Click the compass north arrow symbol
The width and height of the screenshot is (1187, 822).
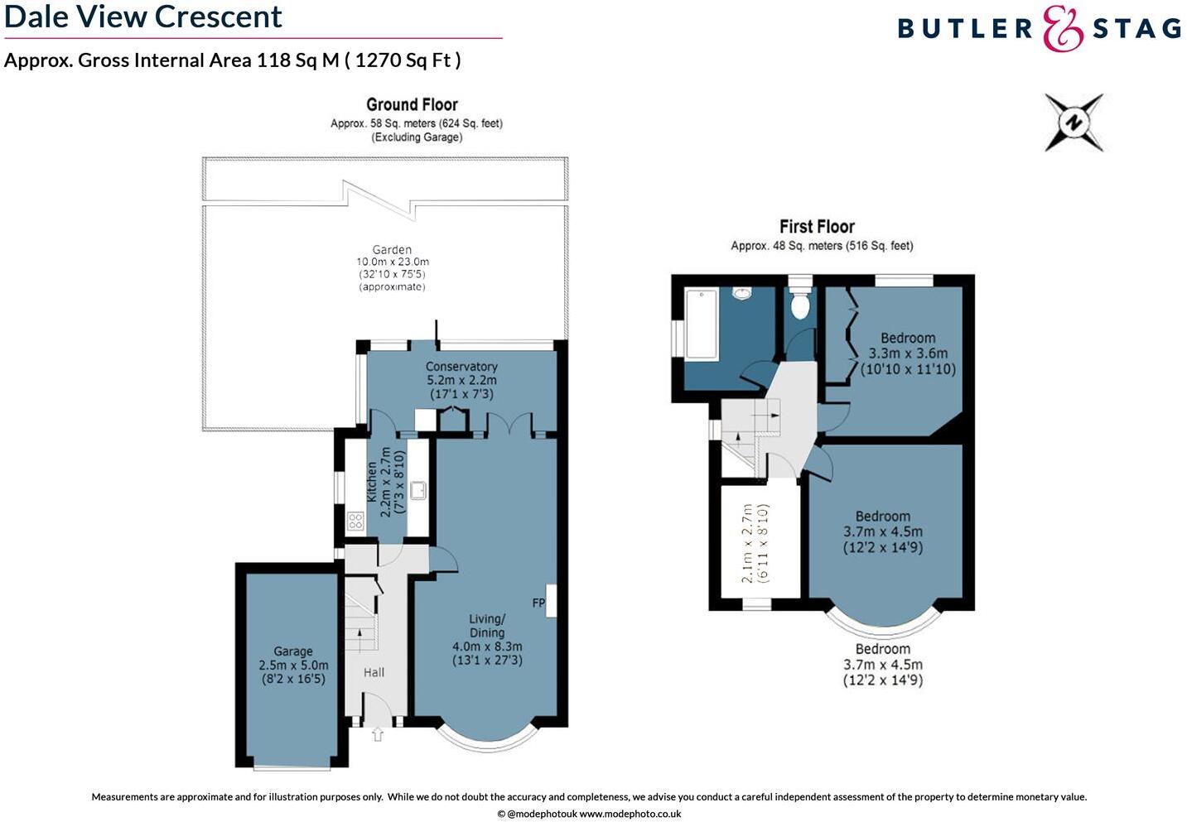(1074, 123)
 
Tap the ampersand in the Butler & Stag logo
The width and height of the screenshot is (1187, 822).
(1063, 29)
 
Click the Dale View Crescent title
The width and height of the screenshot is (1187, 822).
(143, 17)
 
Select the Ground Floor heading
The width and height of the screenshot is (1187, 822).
(412, 104)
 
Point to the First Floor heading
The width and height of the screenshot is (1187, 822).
(817, 226)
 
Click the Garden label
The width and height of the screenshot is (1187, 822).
(392, 249)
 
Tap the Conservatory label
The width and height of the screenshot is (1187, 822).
(461, 366)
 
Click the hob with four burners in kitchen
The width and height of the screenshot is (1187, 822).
(355, 521)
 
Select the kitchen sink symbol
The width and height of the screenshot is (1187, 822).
(418, 490)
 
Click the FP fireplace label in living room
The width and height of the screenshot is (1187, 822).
(538, 603)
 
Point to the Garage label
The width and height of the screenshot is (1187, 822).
(293, 651)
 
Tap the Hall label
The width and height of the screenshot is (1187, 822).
(374, 672)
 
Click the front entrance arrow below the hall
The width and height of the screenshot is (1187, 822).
(378, 734)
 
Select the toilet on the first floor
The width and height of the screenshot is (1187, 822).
(799, 305)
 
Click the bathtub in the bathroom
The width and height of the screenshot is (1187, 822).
(701, 324)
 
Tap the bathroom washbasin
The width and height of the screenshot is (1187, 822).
(742, 293)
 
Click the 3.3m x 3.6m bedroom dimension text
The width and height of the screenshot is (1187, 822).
(908, 353)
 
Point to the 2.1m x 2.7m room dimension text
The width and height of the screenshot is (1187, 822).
(747, 543)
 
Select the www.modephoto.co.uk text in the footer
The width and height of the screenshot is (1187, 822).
(630, 814)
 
